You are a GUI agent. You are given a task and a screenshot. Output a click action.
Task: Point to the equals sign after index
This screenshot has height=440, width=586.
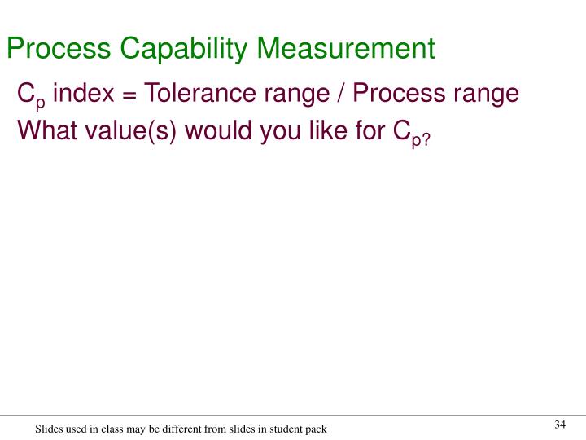(x=128, y=95)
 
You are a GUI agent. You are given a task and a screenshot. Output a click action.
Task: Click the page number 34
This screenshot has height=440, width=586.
(x=559, y=425)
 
